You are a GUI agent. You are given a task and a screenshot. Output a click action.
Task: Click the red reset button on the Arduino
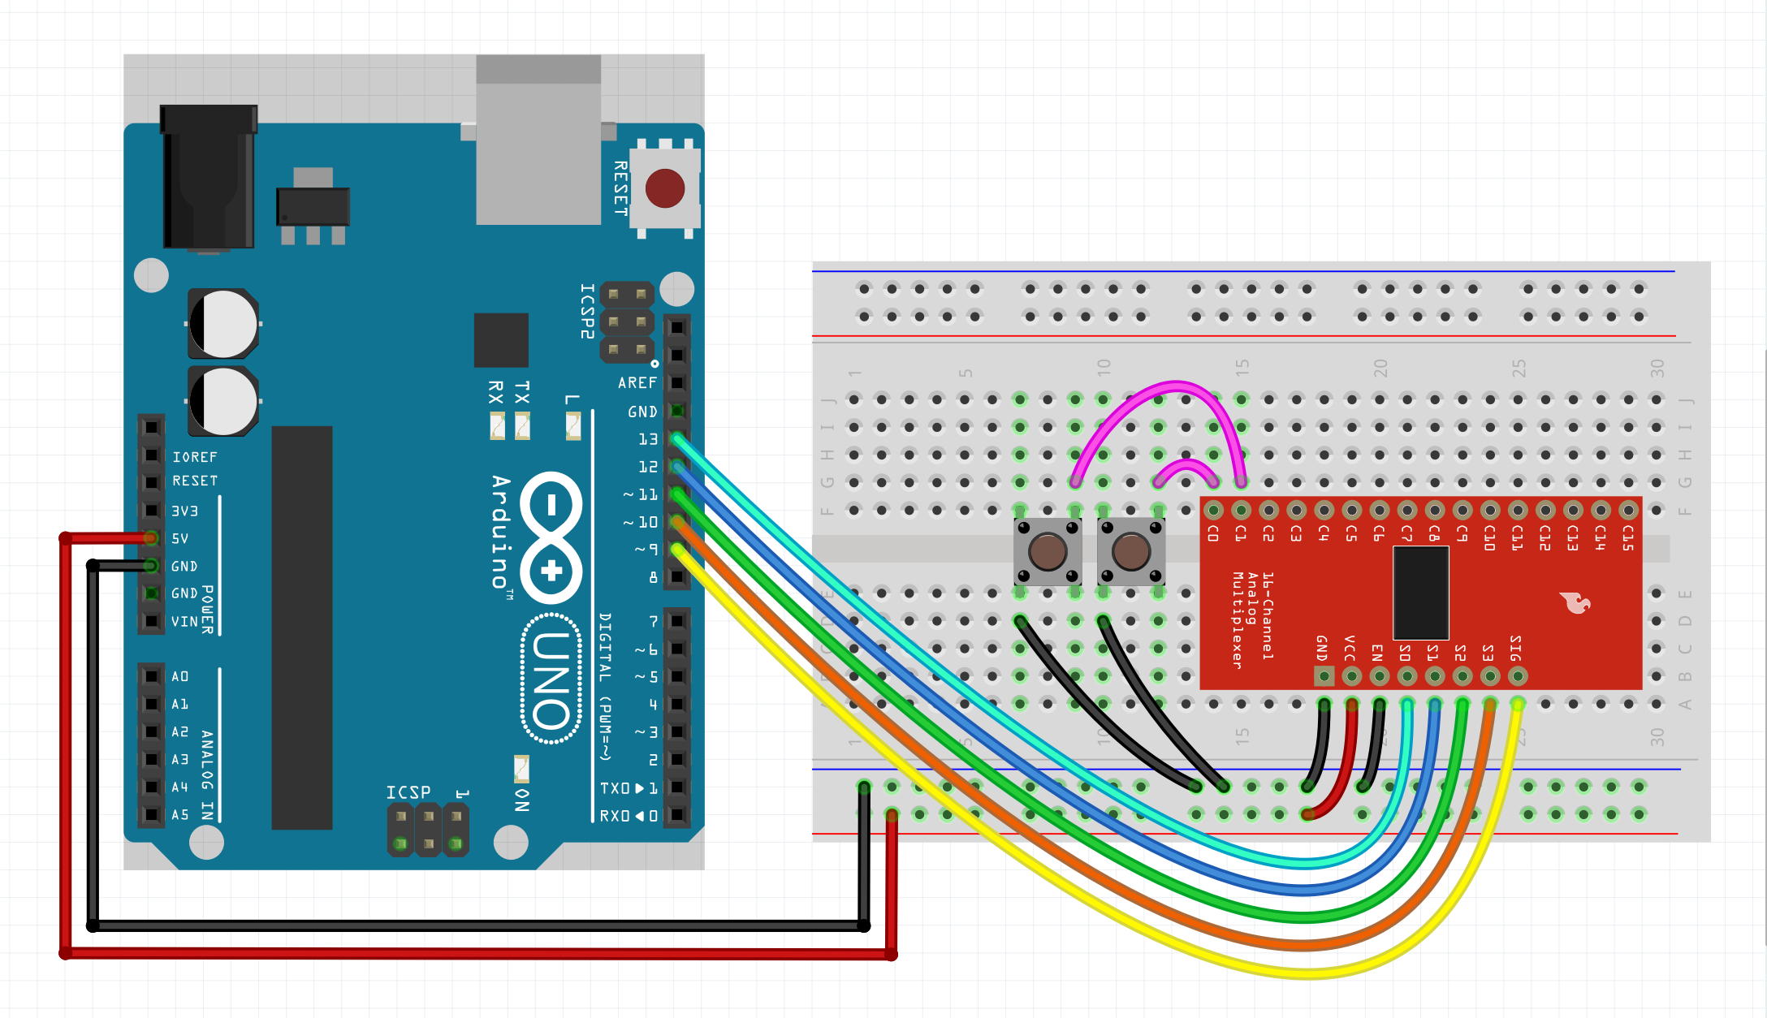[664, 188]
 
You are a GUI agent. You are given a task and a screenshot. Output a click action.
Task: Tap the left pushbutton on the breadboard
[1048, 552]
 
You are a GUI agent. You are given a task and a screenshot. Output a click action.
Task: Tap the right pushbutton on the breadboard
[1130, 552]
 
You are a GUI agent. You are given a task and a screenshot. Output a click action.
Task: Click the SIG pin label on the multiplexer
[1516, 648]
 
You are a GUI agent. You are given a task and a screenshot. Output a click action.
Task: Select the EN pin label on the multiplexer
[1377, 652]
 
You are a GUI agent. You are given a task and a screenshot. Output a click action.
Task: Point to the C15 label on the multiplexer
[1628, 537]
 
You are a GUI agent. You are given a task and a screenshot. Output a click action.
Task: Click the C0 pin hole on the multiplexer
[1213, 511]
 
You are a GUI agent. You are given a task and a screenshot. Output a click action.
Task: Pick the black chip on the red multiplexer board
[1420, 593]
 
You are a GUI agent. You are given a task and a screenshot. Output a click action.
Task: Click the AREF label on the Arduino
[637, 382]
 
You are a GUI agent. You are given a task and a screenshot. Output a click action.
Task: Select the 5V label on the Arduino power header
[180, 538]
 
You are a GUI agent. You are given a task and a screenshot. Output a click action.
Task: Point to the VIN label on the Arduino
[184, 621]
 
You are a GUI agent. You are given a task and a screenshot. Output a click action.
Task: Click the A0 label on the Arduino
[180, 676]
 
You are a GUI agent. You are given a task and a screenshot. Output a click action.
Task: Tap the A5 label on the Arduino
[180, 814]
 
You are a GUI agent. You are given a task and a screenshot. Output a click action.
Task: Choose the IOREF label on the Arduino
[195, 457]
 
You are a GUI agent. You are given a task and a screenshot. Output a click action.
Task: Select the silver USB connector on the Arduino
[538, 140]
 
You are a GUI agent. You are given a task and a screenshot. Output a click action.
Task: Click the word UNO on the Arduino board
[551, 680]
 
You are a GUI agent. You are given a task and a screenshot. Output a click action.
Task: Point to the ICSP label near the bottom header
[408, 792]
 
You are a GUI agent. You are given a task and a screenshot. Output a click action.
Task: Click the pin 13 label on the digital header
[648, 439]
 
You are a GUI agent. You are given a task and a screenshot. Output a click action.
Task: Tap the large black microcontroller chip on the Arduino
[301, 627]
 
